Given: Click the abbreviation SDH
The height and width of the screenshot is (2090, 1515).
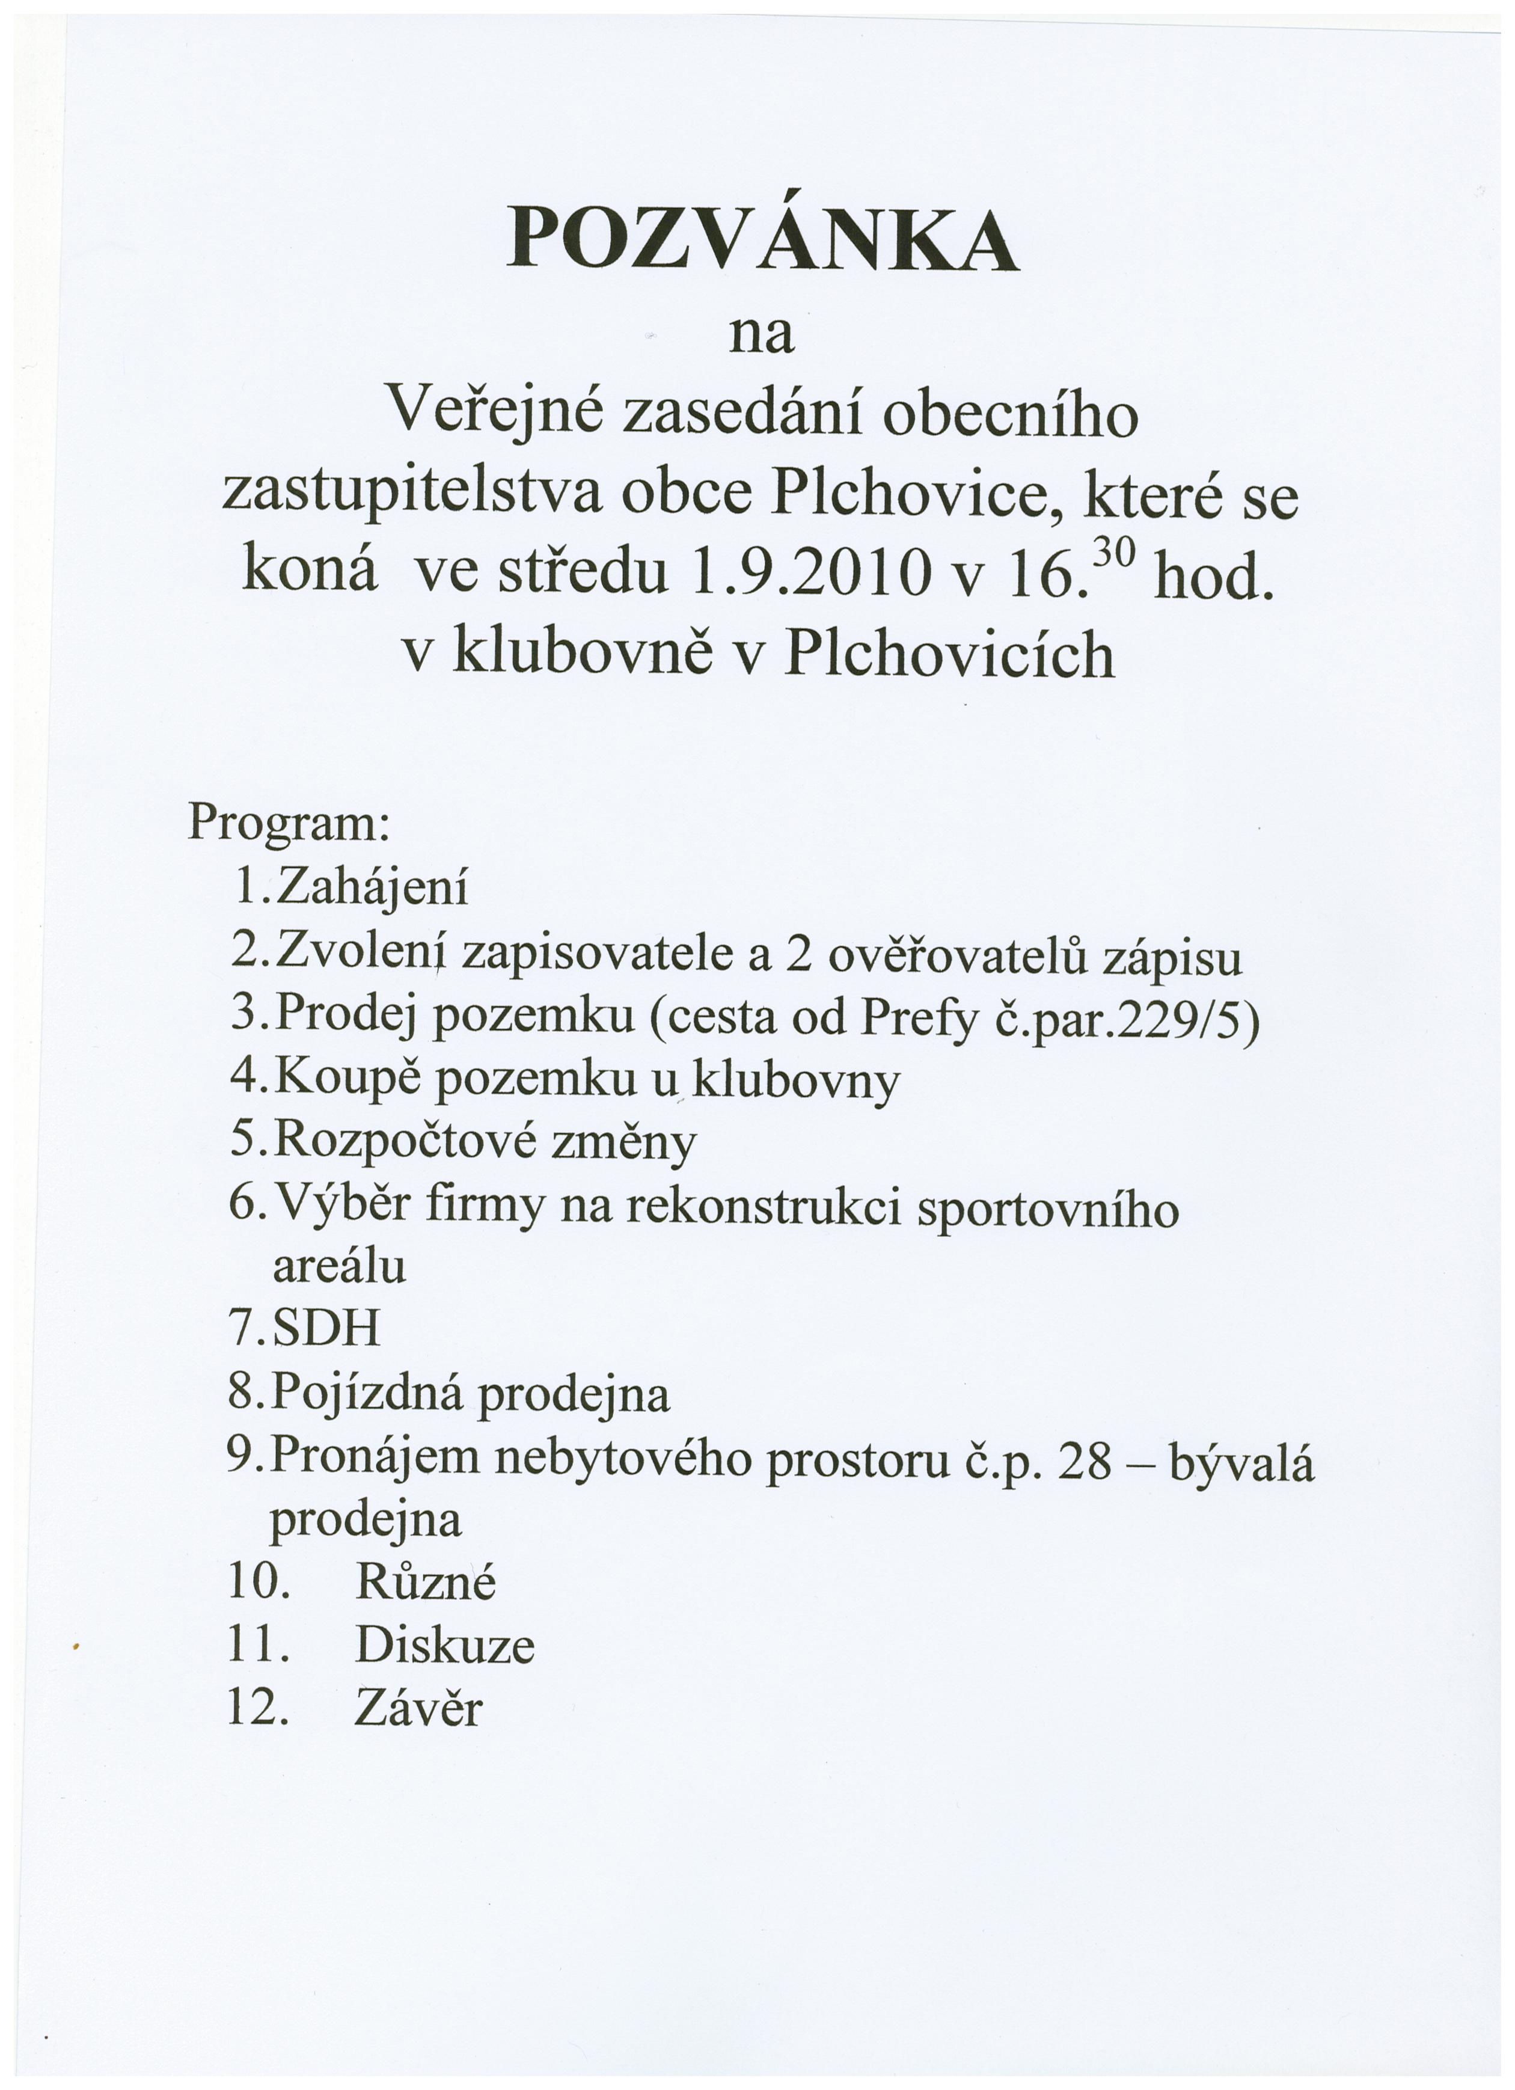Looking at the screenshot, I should [326, 1330].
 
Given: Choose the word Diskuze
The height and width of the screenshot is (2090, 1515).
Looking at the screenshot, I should [444, 1647].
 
